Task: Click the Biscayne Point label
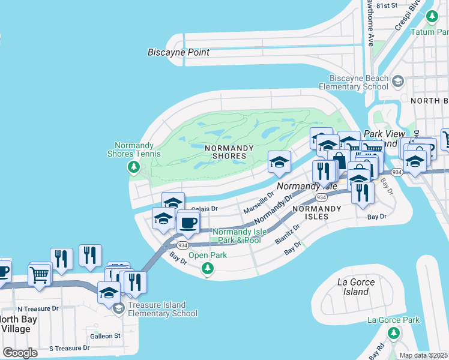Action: (x=178, y=52)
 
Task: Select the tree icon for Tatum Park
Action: (x=431, y=16)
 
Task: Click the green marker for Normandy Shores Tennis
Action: (x=134, y=167)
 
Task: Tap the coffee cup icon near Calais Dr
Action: (x=188, y=223)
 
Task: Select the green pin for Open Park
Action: (x=208, y=268)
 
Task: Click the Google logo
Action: (x=20, y=352)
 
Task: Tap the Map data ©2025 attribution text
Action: (x=423, y=355)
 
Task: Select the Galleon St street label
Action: (x=105, y=335)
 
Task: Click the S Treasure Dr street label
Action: (x=69, y=348)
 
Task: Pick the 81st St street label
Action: (x=387, y=5)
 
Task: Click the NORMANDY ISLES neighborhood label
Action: (x=316, y=209)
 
